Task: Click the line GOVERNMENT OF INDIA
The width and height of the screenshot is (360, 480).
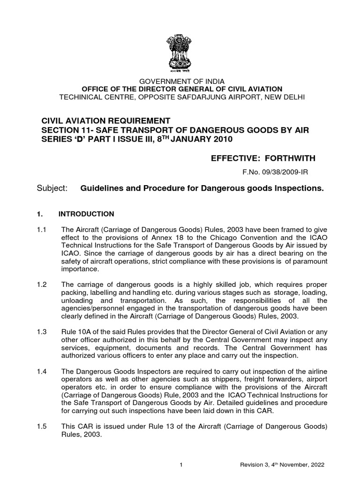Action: (180, 81)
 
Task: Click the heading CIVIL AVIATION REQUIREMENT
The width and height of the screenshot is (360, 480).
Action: (103, 121)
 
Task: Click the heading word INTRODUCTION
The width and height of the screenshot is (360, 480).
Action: (86, 214)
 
